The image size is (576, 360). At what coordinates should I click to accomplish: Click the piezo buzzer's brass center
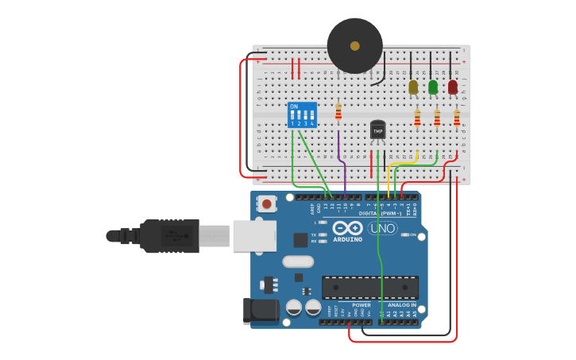click(354, 45)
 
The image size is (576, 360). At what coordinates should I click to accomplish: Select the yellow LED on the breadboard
click(413, 87)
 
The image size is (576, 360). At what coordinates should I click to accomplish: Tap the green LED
click(433, 87)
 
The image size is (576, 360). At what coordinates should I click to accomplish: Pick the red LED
click(453, 87)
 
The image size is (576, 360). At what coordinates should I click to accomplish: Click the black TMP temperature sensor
click(378, 130)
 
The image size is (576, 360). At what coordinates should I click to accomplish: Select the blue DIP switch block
click(302, 115)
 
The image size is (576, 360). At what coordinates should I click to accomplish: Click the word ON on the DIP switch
click(294, 106)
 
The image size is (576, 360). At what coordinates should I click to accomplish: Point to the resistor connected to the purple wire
click(338, 112)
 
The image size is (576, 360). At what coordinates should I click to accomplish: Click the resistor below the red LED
click(457, 118)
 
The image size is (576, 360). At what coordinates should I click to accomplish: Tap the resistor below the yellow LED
click(417, 118)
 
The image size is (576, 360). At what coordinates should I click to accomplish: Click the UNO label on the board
click(383, 229)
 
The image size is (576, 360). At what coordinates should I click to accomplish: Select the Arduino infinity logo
click(353, 228)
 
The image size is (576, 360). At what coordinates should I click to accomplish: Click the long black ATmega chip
click(369, 287)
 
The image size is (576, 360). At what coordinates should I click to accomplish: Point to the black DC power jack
click(261, 312)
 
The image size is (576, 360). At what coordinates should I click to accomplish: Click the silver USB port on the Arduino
click(254, 236)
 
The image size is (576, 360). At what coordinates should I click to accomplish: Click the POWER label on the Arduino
click(361, 305)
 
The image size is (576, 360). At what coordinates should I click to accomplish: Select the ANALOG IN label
click(401, 305)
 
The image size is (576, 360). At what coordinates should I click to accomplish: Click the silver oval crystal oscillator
click(297, 261)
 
